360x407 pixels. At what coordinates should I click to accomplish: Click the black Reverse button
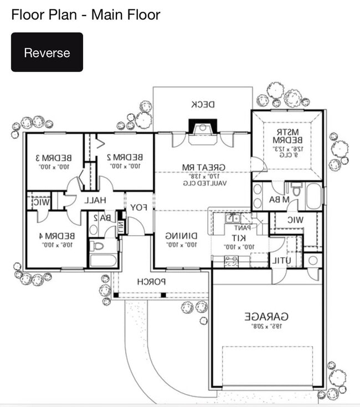(x=47, y=53)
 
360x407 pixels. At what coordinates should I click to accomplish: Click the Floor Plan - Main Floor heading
(x=86, y=14)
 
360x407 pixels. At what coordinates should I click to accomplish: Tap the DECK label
(x=203, y=104)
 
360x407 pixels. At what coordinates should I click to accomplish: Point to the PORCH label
(x=152, y=282)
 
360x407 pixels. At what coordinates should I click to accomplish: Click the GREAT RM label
(x=202, y=167)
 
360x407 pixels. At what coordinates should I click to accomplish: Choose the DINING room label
(x=181, y=235)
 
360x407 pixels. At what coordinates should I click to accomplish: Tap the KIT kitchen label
(x=239, y=237)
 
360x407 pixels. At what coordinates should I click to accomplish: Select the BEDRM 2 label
(x=125, y=157)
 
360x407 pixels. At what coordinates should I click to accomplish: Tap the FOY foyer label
(x=138, y=208)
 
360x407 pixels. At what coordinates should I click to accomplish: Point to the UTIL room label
(x=281, y=261)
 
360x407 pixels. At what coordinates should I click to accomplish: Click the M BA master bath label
(x=279, y=199)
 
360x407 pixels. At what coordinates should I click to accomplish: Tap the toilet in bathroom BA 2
(x=98, y=245)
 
